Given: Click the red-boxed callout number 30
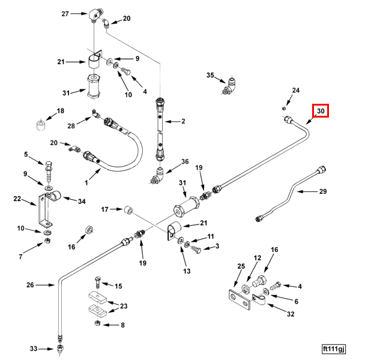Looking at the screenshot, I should pos(320,111).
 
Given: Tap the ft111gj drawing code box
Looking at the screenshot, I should pos(334,347).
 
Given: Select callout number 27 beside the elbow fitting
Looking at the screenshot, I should pos(65,13).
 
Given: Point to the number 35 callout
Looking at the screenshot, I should pos(210,76).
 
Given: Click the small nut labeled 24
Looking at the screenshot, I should pos(283,108).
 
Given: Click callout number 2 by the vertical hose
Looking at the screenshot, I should pos(182,122).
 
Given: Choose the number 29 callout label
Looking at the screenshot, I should pos(322,192).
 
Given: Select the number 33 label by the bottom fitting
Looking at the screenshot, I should pos(34,348).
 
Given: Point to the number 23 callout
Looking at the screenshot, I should pos(124,306).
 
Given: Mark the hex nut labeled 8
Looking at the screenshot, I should pos(98,325).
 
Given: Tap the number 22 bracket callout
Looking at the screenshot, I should pos(17,199).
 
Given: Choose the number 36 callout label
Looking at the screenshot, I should pos(185,161).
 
